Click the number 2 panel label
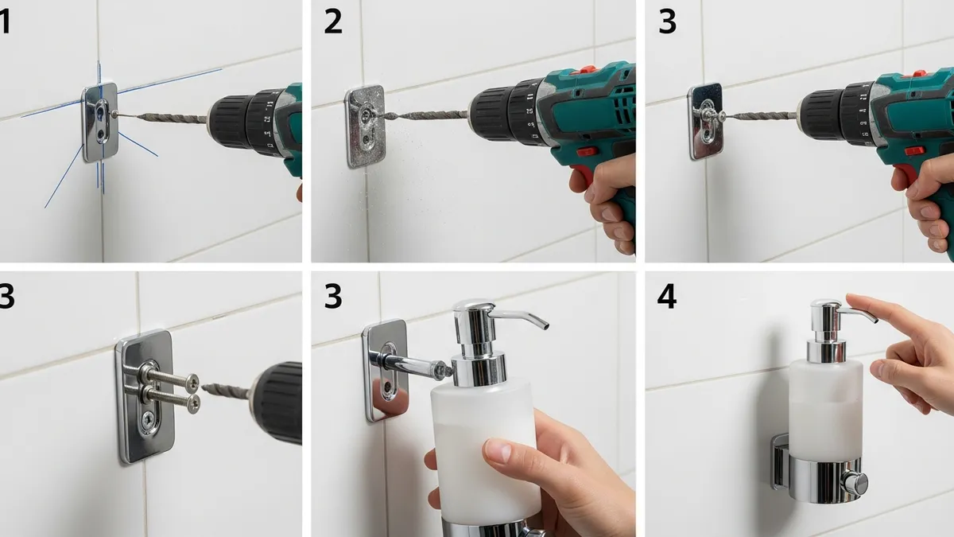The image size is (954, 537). [x=332, y=22]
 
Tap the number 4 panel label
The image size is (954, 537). [x=666, y=297]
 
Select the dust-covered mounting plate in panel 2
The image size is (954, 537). [x=366, y=126]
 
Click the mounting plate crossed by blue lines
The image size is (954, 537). [x=100, y=122]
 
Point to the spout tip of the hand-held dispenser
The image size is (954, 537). [x=545, y=325]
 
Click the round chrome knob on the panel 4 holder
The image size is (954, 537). [x=856, y=483]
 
